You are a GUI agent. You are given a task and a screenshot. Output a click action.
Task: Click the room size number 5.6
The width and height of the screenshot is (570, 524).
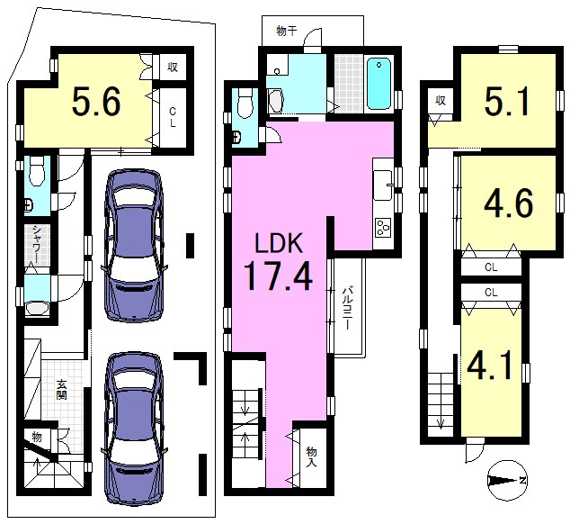96,102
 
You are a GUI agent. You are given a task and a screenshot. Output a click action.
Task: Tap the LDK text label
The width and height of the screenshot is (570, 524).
279,243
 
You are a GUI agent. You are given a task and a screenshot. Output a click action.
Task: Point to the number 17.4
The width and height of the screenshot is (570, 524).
278,276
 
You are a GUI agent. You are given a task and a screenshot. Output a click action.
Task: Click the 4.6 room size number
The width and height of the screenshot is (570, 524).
508,203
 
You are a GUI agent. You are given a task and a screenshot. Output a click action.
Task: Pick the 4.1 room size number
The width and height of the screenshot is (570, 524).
490,367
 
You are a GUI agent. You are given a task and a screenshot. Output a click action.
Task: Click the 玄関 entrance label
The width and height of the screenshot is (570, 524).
61,390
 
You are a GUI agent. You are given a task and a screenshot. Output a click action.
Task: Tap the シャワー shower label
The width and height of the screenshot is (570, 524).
37,244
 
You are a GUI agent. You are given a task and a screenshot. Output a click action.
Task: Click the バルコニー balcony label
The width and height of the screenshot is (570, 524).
346,309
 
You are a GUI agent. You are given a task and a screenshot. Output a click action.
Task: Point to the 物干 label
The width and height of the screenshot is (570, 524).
287,32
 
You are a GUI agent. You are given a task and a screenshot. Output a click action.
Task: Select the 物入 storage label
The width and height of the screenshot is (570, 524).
312,457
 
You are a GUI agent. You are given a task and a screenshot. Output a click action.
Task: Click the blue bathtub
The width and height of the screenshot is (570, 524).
379,84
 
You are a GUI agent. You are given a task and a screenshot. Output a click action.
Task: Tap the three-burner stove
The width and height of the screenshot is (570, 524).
383,228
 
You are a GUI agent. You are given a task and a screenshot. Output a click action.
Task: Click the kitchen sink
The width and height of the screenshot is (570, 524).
383,185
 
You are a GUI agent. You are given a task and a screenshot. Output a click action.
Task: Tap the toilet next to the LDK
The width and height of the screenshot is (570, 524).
245,103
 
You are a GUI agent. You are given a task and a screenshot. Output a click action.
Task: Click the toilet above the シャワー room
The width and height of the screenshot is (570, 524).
37,171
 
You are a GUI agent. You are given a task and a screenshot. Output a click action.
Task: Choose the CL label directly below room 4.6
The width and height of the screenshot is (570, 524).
491,267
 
